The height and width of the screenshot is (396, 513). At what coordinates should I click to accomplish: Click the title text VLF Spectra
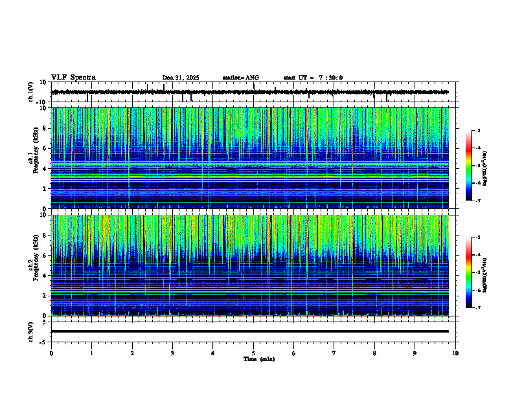(x=73, y=77)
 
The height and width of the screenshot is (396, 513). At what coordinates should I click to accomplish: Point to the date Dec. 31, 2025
(x=181, y=78)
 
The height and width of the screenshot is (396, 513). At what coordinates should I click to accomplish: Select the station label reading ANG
(x=251, y=78)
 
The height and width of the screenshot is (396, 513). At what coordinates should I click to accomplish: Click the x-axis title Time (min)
(x=258, y=358)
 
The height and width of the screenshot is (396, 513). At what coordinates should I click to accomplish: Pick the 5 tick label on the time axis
(x=253, y=353)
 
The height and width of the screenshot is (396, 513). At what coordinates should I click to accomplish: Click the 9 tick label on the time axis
(x=415, y=353)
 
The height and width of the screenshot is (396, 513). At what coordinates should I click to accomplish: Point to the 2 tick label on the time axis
(x=132, y=353)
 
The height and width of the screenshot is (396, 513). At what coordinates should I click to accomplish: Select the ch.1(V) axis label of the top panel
(x=30, y=92)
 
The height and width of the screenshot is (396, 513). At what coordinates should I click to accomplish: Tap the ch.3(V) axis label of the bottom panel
(x=30, y=331)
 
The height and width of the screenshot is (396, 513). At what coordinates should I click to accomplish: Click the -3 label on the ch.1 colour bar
(x=477, y=131)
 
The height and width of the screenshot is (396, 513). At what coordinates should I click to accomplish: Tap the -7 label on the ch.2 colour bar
(x=477, y=307)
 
